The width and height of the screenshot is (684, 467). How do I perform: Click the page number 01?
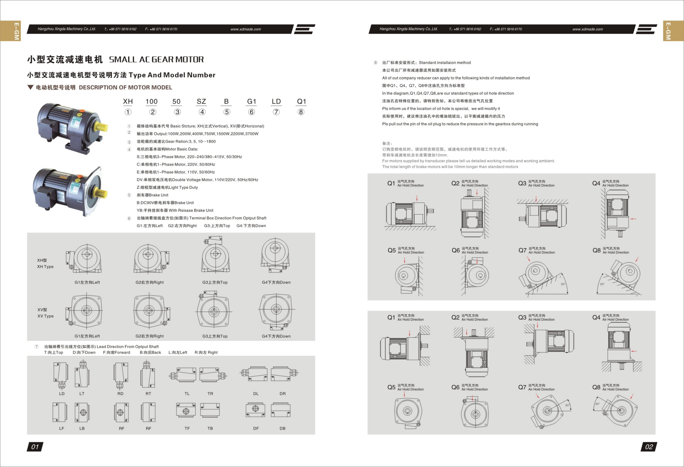[x=35, y=447]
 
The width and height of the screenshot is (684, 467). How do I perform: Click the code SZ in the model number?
[x=201, y=101]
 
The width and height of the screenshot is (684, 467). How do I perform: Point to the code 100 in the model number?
[x=152, y=101]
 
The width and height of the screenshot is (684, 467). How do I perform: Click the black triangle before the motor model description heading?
[x=30, y=87]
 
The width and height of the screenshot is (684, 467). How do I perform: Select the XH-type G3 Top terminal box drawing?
[x=215, y=255]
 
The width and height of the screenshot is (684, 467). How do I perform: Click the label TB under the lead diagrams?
[x=210, y=429]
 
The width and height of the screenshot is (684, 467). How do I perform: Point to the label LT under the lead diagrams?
[x=82, y=393]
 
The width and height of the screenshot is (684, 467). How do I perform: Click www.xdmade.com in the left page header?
[x=246, y=29]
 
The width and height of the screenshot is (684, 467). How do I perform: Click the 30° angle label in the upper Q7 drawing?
[x=563, y=284]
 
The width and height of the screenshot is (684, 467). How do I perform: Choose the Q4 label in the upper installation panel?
[x=596, y=183]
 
